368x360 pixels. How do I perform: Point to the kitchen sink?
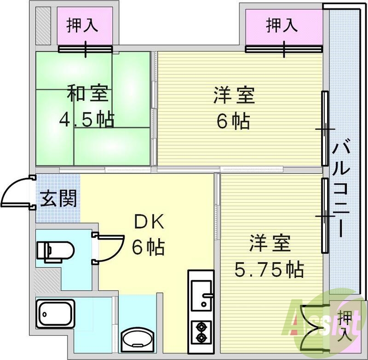pyautogui.click(x=201, y=294)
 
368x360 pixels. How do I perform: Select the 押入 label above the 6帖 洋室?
pyautogui.click(x=281, y=25)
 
